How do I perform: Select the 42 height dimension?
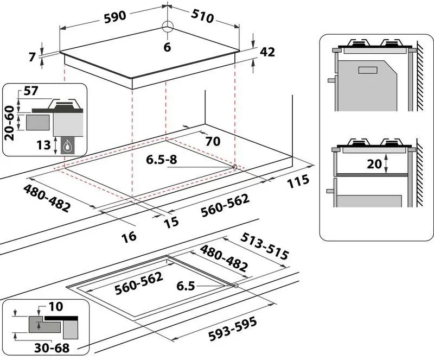click(x=268, y=52)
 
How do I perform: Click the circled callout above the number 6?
click(x=167, y=28)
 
